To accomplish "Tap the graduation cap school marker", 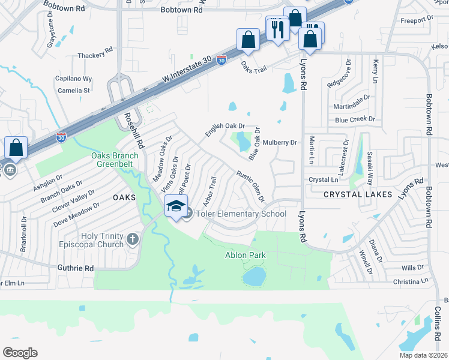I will [176, 206].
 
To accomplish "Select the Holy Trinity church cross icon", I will [133, 240].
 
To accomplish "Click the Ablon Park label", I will [246, 256].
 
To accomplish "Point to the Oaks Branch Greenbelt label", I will [115, 160].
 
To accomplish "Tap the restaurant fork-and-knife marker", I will [277, 29].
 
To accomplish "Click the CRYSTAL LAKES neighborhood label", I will [358, 194].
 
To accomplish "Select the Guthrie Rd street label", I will [76, 268].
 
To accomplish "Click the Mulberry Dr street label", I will [280, 143].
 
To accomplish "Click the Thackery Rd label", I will [95, 56].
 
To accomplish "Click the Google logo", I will [20, 352].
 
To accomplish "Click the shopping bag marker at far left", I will [16, 148].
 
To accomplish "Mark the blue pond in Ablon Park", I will [255, 277].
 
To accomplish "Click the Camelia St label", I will [74, 91].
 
